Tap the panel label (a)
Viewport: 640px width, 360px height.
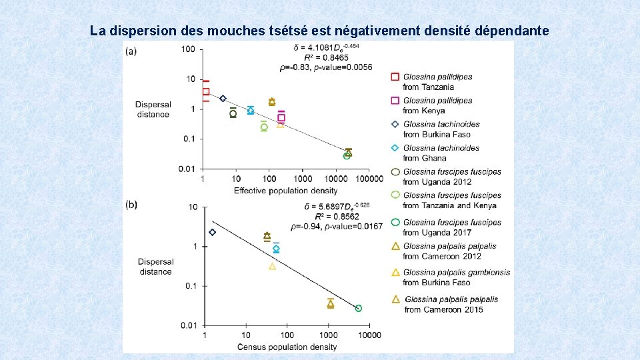[x=131, y=51]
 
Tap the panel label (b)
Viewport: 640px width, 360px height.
[x=131, y=204]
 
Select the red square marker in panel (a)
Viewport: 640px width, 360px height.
[x=206, y=91]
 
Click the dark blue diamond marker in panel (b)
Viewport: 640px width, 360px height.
[x=212, y=232]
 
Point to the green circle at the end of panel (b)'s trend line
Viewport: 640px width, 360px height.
[x=359, y=308]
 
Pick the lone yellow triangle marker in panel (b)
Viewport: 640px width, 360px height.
[x=272, y=266]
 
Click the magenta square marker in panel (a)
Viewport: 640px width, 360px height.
[x=281, y=117]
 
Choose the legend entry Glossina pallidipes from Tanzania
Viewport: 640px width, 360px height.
[x=437, y=82]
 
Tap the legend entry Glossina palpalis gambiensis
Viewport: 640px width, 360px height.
[x=456, y=272]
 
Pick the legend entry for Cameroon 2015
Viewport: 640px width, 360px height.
[x=451, y=304]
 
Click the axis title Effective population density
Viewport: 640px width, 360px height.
[x=285, y=191]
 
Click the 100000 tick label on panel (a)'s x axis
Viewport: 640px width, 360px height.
[x=369, y=179]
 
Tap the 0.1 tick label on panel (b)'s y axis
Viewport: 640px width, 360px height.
[x=192, y=286]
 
